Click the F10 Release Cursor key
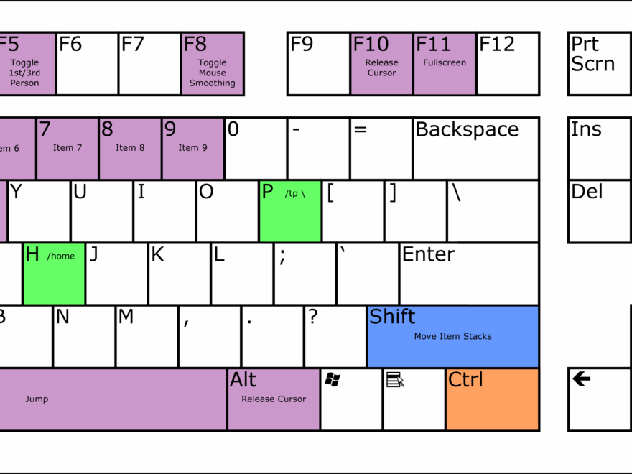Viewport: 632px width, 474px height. point(381,64)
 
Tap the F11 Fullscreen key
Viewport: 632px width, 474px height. point(444,64)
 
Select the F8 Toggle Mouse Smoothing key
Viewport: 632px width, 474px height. point(212,64)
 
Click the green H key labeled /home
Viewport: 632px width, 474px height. point(54,274)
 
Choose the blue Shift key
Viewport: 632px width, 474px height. point(452,336)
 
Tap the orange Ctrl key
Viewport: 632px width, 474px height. point(492,399)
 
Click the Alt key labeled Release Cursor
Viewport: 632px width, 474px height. point(274,399)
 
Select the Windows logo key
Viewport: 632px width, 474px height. point(351,399)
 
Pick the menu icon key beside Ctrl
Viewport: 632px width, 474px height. point(414,399)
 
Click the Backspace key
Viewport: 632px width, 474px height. point(475,149)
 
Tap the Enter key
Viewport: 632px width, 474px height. point(468,274)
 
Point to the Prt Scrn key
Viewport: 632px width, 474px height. point(600,64)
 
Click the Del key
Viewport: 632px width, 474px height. point(600,211)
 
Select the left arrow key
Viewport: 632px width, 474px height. point(600,399)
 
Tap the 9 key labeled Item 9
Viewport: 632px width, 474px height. point(192,149)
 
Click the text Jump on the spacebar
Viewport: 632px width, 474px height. point(37,399)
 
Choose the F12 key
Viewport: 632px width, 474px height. point(508,64)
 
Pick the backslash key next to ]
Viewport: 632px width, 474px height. point(493,211)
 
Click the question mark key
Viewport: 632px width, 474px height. point(335,336)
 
